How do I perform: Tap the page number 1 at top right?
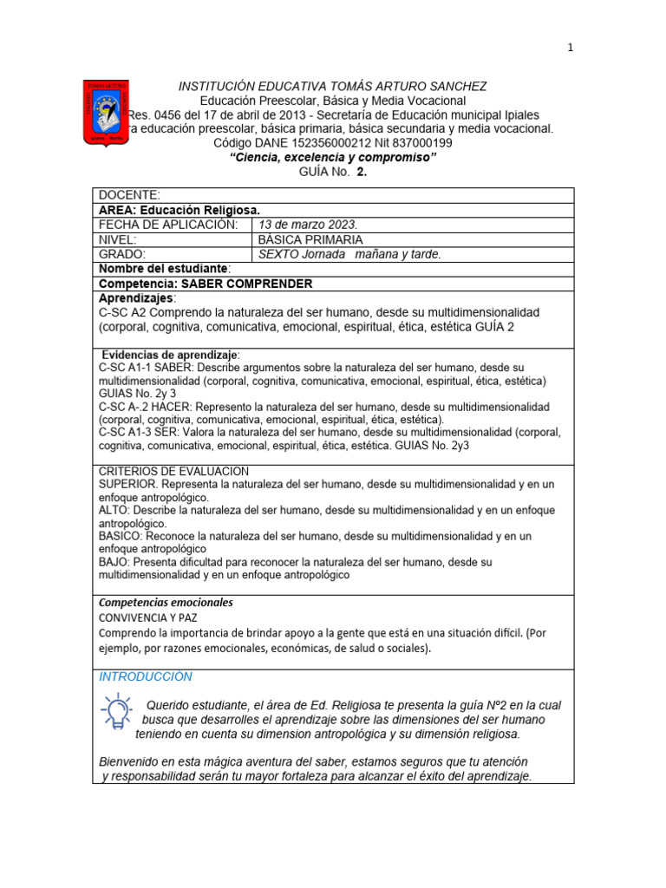tap(570, 49)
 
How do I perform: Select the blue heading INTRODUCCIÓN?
tap(146, 676)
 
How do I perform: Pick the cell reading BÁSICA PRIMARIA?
tap(310, 239)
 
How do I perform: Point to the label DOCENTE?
tap(129, 195)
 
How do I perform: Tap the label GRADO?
tap(123, 254)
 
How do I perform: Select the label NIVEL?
tap(120, 239)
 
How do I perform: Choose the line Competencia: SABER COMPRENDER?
tap(206, 284)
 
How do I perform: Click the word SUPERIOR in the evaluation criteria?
tap(128, 483)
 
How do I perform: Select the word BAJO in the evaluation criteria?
tap(114, 562)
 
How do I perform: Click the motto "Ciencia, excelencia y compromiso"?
tap(332, 157)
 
